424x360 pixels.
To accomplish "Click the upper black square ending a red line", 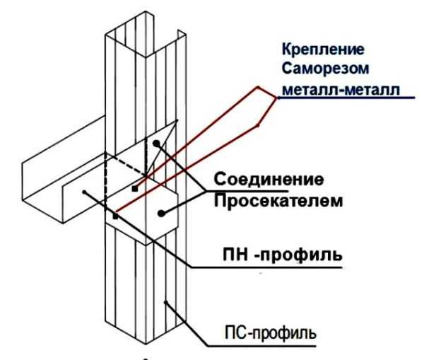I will [x=134, y=190].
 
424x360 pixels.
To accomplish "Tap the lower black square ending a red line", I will [x=114, y=216].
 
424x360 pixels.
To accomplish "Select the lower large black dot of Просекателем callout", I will [x=162, y=211].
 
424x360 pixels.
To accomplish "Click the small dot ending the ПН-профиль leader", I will [x=83, y=190].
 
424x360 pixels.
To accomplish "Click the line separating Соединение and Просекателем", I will [x=261, y=190].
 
